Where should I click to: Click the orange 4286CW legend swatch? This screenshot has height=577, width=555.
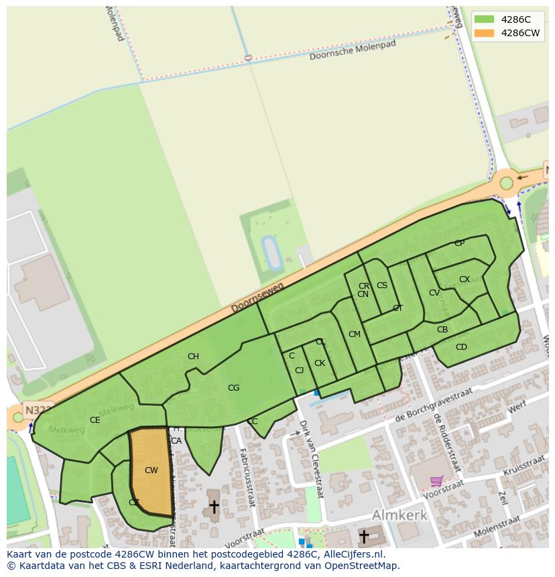[483, 33]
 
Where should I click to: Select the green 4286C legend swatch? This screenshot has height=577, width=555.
[483, 19]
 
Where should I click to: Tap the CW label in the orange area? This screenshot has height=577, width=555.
[151, 470]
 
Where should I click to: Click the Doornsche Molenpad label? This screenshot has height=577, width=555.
[353, 50]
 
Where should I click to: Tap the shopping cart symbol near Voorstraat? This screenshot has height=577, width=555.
[437, 480]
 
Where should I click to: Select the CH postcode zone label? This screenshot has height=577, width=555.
[193, 357]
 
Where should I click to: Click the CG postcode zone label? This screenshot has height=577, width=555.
[233, 388]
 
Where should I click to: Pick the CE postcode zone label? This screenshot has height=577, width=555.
[95, 420]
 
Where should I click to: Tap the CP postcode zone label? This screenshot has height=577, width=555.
[459, 243]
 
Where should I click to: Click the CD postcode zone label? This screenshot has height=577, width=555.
[461, 347]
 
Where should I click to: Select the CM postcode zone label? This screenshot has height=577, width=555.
[355, 334]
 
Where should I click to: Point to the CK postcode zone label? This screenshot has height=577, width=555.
[320, 363]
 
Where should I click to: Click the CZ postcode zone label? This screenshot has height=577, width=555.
[134, 503]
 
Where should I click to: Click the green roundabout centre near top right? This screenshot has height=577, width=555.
[506, 183]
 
